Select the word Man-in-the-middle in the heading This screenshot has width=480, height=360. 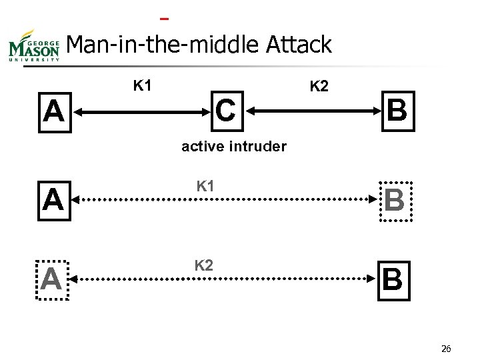coord(163,45)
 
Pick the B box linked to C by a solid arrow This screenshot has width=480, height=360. coord(397,109)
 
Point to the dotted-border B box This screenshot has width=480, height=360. coord(394,200)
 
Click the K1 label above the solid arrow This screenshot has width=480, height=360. coord(143,85)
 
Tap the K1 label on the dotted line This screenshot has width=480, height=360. coord(205,187)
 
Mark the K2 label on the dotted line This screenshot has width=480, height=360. coord(204,266)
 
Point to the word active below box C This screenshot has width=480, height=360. coord(203,146)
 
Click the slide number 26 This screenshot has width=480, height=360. coord(447,348)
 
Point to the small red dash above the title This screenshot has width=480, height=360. coord(164,17)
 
